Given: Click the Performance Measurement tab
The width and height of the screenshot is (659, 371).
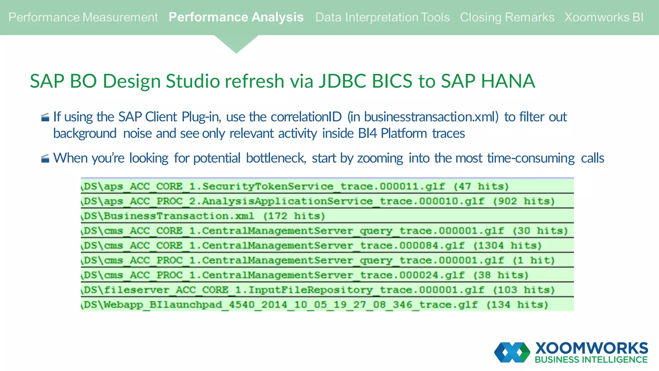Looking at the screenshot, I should click(x=83, y=17).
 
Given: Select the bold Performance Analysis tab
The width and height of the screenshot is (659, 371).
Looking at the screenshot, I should click(x=236, y=17).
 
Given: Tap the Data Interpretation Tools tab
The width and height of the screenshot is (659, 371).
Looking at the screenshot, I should click(x=382, y=17).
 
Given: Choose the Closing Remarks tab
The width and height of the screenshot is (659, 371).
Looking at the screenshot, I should click(x=507, y=17).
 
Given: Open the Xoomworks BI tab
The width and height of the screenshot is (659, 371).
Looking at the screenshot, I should click(x=604, y=17).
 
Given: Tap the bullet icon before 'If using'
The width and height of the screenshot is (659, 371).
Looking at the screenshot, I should click(x=45, y=117).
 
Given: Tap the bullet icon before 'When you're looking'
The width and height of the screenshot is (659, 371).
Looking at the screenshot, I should click(x=45, y=158).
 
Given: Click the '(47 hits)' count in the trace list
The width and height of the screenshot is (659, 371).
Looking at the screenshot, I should click(x=481, y=186).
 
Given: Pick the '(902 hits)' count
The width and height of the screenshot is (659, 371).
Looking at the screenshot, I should click(x=524, y=201).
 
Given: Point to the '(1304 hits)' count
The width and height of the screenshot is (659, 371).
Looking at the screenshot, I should click(x=507, y=246).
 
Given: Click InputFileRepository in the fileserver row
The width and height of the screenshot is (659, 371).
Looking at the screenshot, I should click(x=311, y=290).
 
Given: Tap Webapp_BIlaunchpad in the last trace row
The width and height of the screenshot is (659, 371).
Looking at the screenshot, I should click(x=163, y=305).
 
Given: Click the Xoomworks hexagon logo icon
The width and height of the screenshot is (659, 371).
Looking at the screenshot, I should click(x=512, y=352).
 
